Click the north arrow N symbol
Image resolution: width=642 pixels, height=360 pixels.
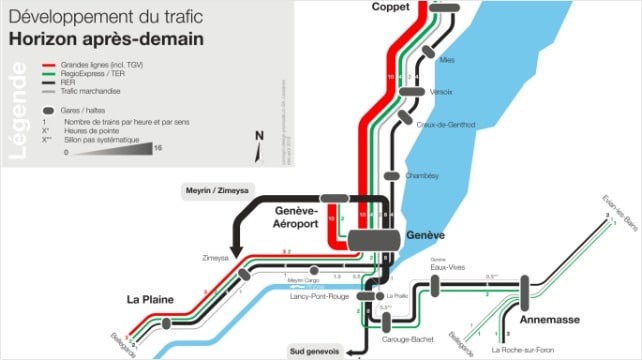[258, 136]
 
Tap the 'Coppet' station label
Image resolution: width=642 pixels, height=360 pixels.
[391, 7]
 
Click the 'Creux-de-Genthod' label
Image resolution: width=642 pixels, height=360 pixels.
[445, 124]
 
